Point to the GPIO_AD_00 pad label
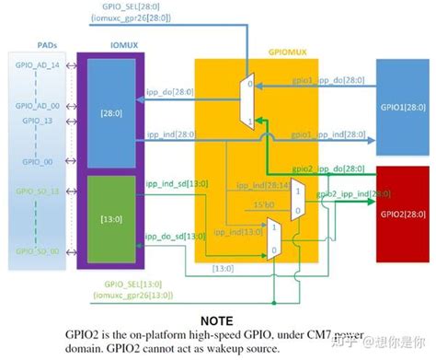tap(36, 107)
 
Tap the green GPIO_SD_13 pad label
tap(36, 191)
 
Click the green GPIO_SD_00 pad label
tap(36, 251)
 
